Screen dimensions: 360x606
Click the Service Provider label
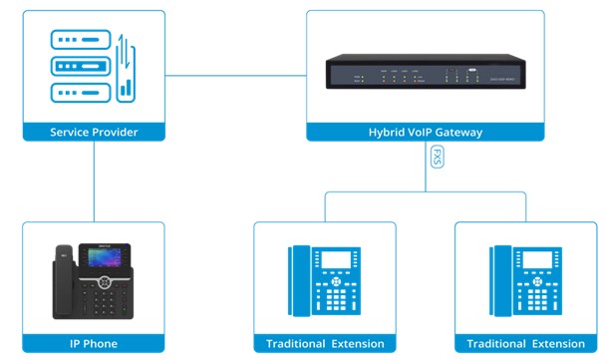pyautogui.click(x=93, y=132)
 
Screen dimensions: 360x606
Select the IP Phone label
pyautogui.click(x=93, y=344)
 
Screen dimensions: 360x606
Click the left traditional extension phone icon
pyautogui.click(x=324, y=279)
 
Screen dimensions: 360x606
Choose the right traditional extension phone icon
pyautogui.click(x=525, y=279)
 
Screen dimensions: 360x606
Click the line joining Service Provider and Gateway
pyautogui.click(x=234, y=75)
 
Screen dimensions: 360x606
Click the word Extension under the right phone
pyautogui.click(x=554, y=344)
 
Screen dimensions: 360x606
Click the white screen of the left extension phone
pyautogui.click(x=334, y=259)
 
